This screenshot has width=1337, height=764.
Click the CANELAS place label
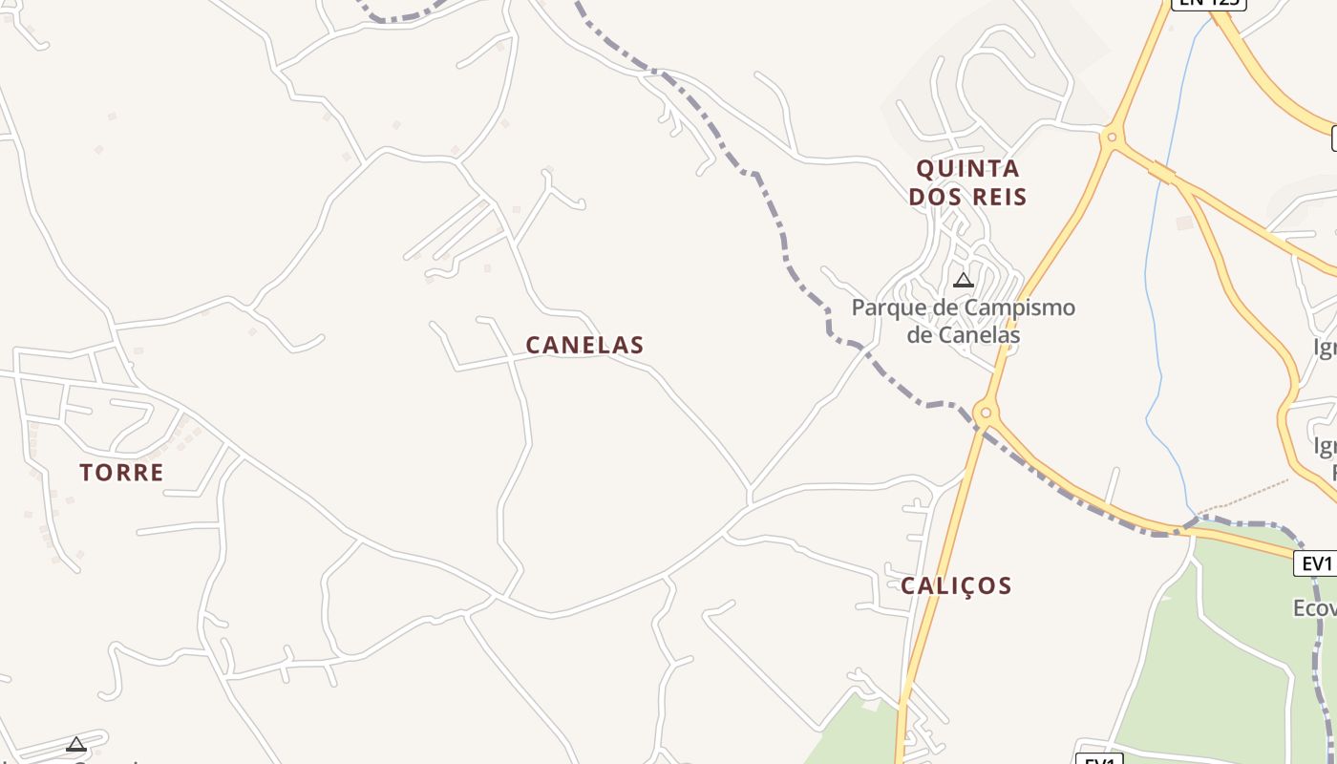pyautogui.click(x=584, y=345)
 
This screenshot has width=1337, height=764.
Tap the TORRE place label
pyautogui.click(x=121, y=472)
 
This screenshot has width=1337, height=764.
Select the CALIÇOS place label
pyautogui.click(x=956, y=585)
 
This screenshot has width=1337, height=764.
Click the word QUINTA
pyautogui.click(x=967, y=169)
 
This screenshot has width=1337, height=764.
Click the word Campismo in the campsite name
pyautogui.click(x=1020, y=308)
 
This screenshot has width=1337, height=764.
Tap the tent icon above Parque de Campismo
pyautogui.click(x=964, y=280)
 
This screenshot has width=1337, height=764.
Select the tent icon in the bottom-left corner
pyautogui.click(x=76, y=744)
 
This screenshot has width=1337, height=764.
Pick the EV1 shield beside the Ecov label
pyautogui.click(x=1316, y=563)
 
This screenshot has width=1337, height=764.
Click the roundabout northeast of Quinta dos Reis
pyautogui.click(x=1111, y=138)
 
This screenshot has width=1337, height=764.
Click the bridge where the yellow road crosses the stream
pyautogui.click(x=1162, y=173)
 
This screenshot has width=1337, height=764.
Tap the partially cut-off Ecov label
pyautogui.click(x=1314, y=608)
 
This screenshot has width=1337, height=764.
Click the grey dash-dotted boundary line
pyautogui.click(x=783, y=239)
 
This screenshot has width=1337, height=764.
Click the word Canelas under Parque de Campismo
pyautogui.click(x=963, y=335)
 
